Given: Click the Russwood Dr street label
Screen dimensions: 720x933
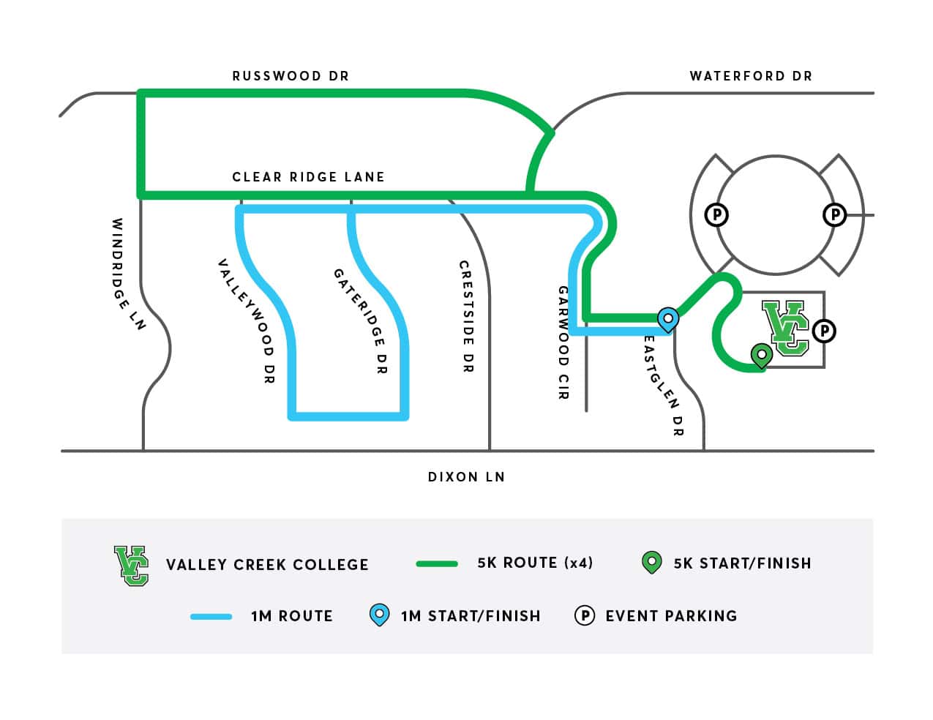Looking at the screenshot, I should pyautogui.click(x=291, y=76).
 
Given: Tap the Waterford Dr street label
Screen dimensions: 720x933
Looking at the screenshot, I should pyautogui.click(x=751, y=76).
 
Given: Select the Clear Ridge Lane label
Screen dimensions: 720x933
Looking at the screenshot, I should pyautogui.click(x=308, y=177).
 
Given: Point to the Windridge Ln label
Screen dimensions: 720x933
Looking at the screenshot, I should pyautogui.click(x=129, y=274).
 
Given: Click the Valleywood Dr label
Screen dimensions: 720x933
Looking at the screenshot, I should pyautogui.click(x=246, y=321).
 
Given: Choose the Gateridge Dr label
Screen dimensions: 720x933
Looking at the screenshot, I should pyautogui.click(x=359, y=321).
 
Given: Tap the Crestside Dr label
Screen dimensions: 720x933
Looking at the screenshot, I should pyautogui.click(x=465, y=316).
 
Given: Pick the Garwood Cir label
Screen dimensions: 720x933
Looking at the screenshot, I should pyautogui.click(x=563, y=342).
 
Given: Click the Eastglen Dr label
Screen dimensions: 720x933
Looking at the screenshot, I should pyautogui.click(x=664, y=386).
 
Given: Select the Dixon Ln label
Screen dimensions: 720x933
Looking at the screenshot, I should pyautogui.click(x=466, y=477).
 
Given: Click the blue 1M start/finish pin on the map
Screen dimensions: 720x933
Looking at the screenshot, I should pyautogui.click(x=667, y=318).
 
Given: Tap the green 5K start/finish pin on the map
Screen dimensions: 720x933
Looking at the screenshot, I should pyautogui.click(x=762, y=355).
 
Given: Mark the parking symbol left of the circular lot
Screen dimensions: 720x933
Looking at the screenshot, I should pyautogui.click(x=716, y=215).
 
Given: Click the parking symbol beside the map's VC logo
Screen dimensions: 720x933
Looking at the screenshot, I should pyautogui.click(x=824, y=331).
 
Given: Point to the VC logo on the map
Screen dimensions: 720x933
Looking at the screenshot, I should pyautogui.click(x=786, y=327).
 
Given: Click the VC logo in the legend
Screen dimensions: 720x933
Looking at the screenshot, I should pyautogui.click(x=131, y=565).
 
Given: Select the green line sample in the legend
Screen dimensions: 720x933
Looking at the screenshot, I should pyautogui.click(x=437, y=563).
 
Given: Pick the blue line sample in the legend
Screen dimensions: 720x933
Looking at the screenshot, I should pyautogui.click(x=211, y=617).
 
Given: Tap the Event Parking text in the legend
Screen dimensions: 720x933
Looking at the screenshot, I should pyautogui.click(x=671, y=616).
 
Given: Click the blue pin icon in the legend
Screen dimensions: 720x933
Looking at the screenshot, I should pyautogui.click(x=379, y=615).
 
